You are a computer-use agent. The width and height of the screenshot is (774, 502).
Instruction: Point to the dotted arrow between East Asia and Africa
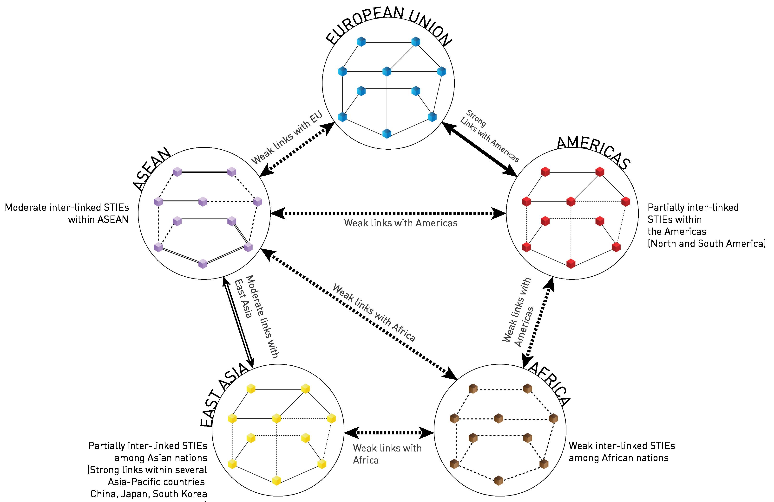(389, 432)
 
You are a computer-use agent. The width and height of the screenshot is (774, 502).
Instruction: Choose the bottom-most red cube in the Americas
(571, 264)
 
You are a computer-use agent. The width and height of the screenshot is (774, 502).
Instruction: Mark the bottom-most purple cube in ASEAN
(203, 264)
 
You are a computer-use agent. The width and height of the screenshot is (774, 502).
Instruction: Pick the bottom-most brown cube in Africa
(498, 481)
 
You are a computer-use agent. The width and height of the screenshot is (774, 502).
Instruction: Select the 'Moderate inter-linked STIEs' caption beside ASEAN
(67, 213)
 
